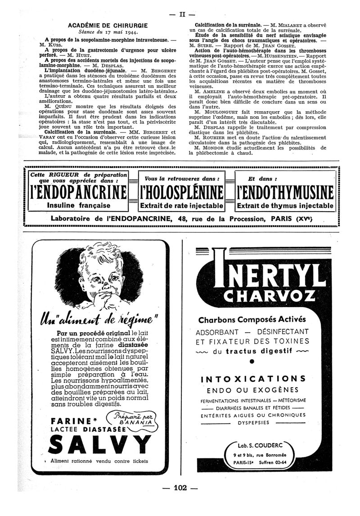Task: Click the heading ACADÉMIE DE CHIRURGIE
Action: click(x=99, y=26)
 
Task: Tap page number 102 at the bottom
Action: click(x=180, y=488)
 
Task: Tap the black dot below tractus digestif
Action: click(x=252, y=361)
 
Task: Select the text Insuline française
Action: click(x=79, y=205)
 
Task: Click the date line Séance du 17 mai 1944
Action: click(x=99, y=32)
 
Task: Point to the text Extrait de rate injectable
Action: click(x=182, y=206)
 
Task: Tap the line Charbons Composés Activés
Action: click(x=252, y=319)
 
